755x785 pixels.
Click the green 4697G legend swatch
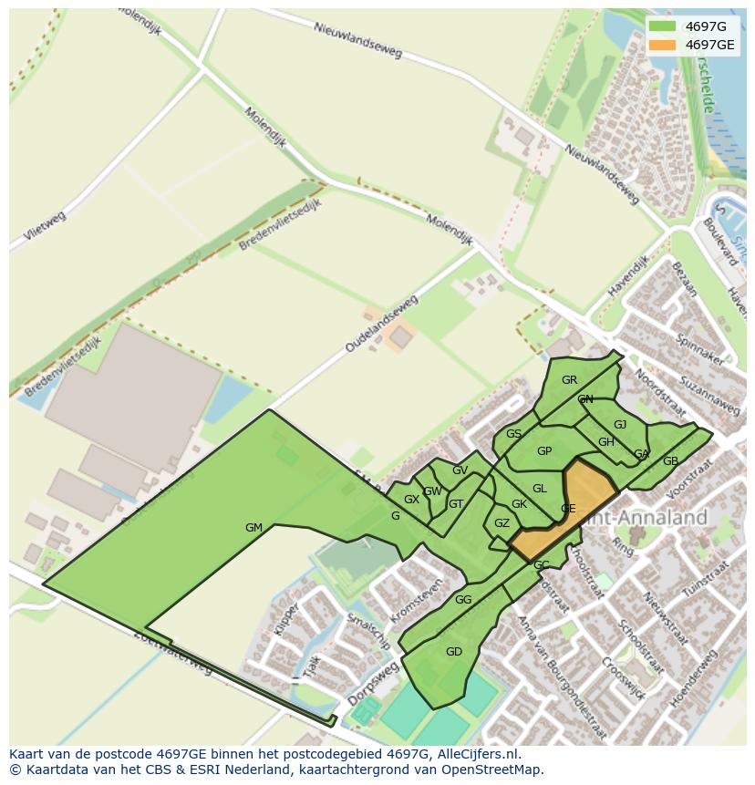663,26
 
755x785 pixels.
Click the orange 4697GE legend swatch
663,45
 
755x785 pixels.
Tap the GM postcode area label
253,528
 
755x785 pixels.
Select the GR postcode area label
569,380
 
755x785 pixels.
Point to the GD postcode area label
454,651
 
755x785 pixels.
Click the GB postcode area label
670,461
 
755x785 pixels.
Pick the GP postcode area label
544,451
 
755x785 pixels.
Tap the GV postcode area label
460,470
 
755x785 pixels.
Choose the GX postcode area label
411,500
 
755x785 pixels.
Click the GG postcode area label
463,600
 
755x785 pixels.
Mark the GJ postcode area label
620,425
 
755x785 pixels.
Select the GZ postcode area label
502,523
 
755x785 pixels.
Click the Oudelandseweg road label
381,325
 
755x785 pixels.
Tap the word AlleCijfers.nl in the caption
475,754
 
